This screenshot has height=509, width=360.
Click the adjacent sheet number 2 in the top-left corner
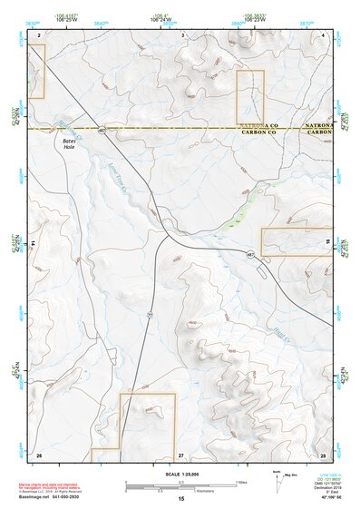click(x=39, y=34)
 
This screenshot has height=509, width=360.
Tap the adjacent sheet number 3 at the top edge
click(x=182, y=34)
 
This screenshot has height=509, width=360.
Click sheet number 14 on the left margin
click(x=34, y=244)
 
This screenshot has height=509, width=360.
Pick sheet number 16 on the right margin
click(x=328, y=244)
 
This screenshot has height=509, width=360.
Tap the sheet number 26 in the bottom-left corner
click(x=38, y=454)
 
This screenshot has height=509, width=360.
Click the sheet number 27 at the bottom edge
click(x=180, y=454)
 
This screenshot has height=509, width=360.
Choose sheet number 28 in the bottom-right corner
click(x=323, y=454)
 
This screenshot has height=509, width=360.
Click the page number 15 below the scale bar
click(x=180, y=499)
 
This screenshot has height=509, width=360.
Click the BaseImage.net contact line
click(x=58, y=496)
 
